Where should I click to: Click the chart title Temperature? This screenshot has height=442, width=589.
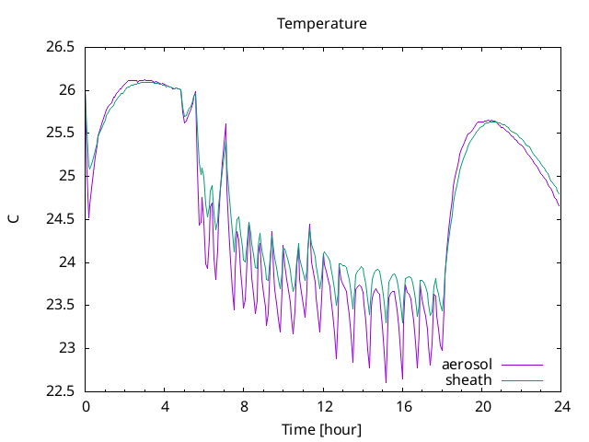[322, 24]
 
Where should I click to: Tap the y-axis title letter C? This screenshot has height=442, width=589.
[14, 219]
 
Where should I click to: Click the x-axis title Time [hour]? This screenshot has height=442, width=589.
[321, 430]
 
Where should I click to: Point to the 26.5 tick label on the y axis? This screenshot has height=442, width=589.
[60, 47]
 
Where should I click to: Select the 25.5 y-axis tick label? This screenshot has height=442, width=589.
[60, 133]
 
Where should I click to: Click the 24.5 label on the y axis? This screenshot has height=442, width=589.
[60, 219]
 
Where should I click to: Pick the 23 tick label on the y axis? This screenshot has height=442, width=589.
[67, 348]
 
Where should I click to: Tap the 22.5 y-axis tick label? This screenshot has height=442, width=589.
[60, 391]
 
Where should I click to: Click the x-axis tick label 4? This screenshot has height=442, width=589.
[165, 407]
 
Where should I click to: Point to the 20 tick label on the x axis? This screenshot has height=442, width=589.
[482, 407]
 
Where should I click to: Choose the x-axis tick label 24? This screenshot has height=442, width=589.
[561, 407]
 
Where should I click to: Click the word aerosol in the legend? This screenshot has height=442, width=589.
[467, 365]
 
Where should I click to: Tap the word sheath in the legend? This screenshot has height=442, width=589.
[468, 380]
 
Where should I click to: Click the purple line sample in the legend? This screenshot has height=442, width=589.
[522, 365]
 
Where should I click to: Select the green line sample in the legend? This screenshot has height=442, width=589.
[522, 380]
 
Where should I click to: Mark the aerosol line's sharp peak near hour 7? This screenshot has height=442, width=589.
[225, 123]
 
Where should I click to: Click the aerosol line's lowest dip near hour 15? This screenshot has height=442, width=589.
[386, 383]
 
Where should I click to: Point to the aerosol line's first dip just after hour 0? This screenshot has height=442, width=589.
[88, 218]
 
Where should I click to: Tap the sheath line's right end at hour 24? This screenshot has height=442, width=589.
[560, 194]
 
